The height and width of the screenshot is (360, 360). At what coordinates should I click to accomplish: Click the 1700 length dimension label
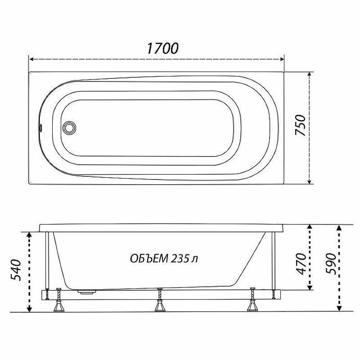tap(162, 48)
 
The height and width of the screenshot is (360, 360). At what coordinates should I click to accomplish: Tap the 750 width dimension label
tap(301, 125)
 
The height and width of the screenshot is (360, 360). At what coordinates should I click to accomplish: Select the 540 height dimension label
tap(16, 270)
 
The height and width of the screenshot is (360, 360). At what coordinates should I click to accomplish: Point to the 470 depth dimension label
tap(301, 264)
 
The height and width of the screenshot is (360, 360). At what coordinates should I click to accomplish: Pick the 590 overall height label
tap(331, 264)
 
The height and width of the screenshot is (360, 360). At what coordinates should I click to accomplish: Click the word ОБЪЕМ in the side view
tap(149, 259)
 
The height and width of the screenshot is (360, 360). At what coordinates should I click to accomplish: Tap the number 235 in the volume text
tap(180, 259)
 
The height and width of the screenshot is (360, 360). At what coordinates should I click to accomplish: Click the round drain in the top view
tap(69, 128)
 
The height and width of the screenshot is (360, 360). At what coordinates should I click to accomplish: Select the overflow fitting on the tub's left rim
tap(40, 127)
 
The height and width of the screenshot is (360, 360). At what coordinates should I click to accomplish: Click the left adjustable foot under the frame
tap(59, 300)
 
